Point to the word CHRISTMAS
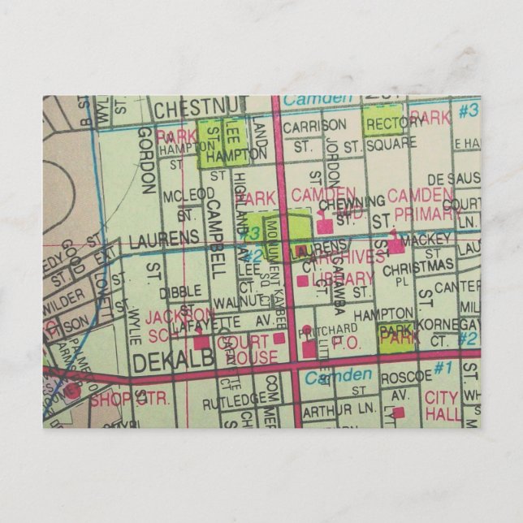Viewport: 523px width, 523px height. [418, 266]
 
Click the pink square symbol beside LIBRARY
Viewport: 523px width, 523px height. [304, 281]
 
